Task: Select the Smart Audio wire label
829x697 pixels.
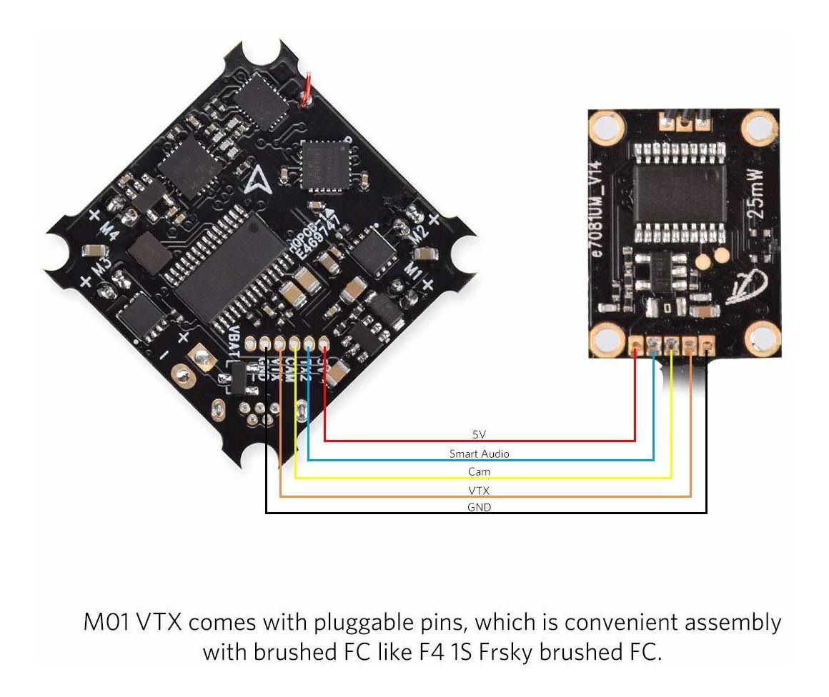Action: pos(479,453)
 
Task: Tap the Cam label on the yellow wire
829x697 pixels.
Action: pos(479,472)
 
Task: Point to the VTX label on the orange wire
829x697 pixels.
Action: pos(479,490)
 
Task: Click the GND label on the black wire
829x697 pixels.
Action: pos(479,507)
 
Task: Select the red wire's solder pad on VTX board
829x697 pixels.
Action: pos(636,348)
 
